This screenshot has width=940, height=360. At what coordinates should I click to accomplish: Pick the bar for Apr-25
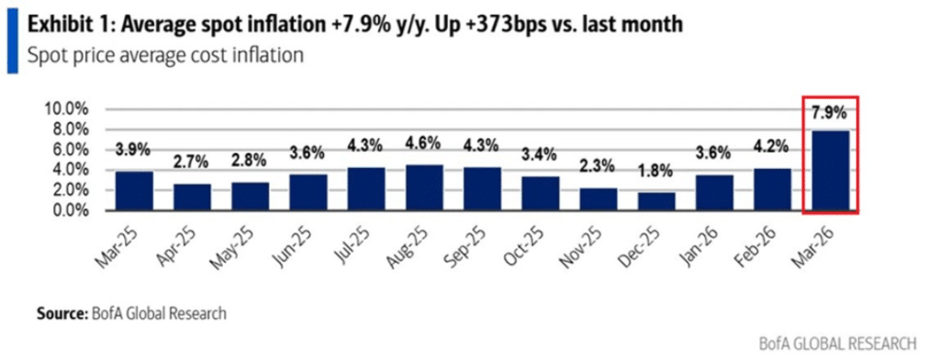(191, 197)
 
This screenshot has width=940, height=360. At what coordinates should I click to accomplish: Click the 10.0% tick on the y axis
(65, 108)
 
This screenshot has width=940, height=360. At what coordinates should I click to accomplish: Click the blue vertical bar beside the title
(12, 39)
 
